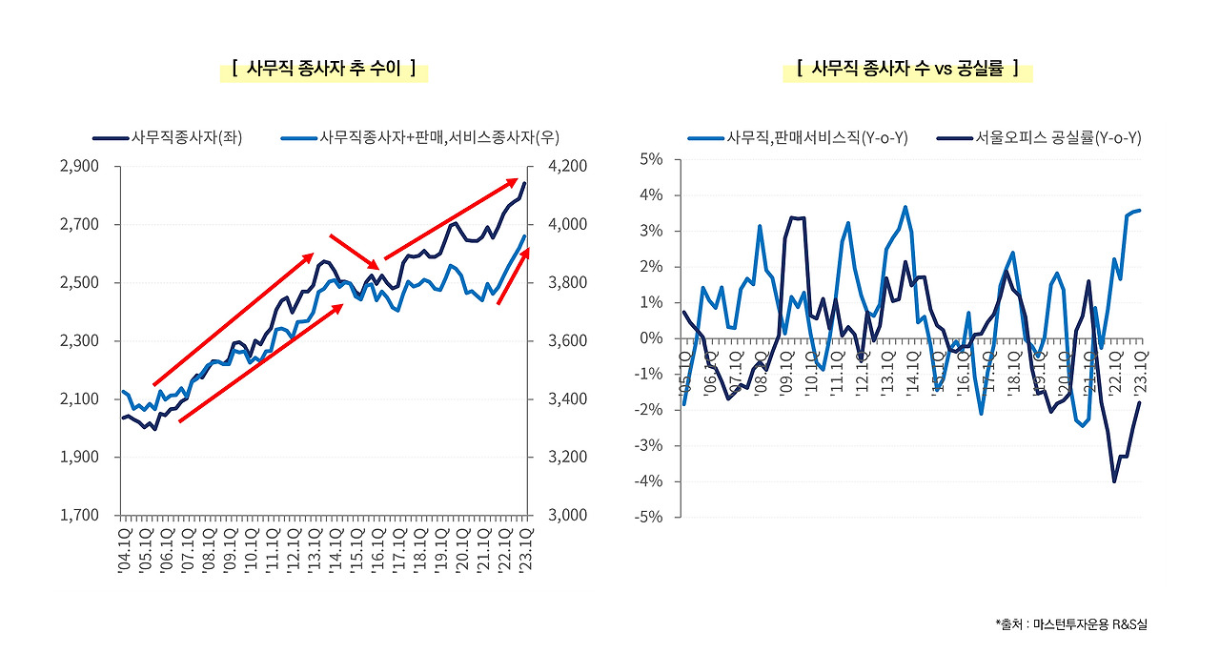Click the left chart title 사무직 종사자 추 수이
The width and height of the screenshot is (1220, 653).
pos(324,69)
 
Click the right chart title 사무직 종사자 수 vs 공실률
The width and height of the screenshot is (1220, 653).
pos(907,69)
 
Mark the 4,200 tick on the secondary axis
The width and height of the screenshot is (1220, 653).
pos(569,167)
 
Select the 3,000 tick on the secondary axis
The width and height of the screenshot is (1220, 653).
pos(569,516)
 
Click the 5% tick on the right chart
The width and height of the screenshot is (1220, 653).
pos(652,159)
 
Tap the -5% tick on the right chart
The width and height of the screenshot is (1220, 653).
pos(650,518)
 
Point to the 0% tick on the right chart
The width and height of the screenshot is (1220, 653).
pos(652,338)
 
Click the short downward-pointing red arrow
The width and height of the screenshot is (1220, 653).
pos(356,252)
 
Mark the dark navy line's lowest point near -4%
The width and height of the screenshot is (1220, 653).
pos(1114,481)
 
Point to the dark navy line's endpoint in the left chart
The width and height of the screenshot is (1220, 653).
pos(524,183)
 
